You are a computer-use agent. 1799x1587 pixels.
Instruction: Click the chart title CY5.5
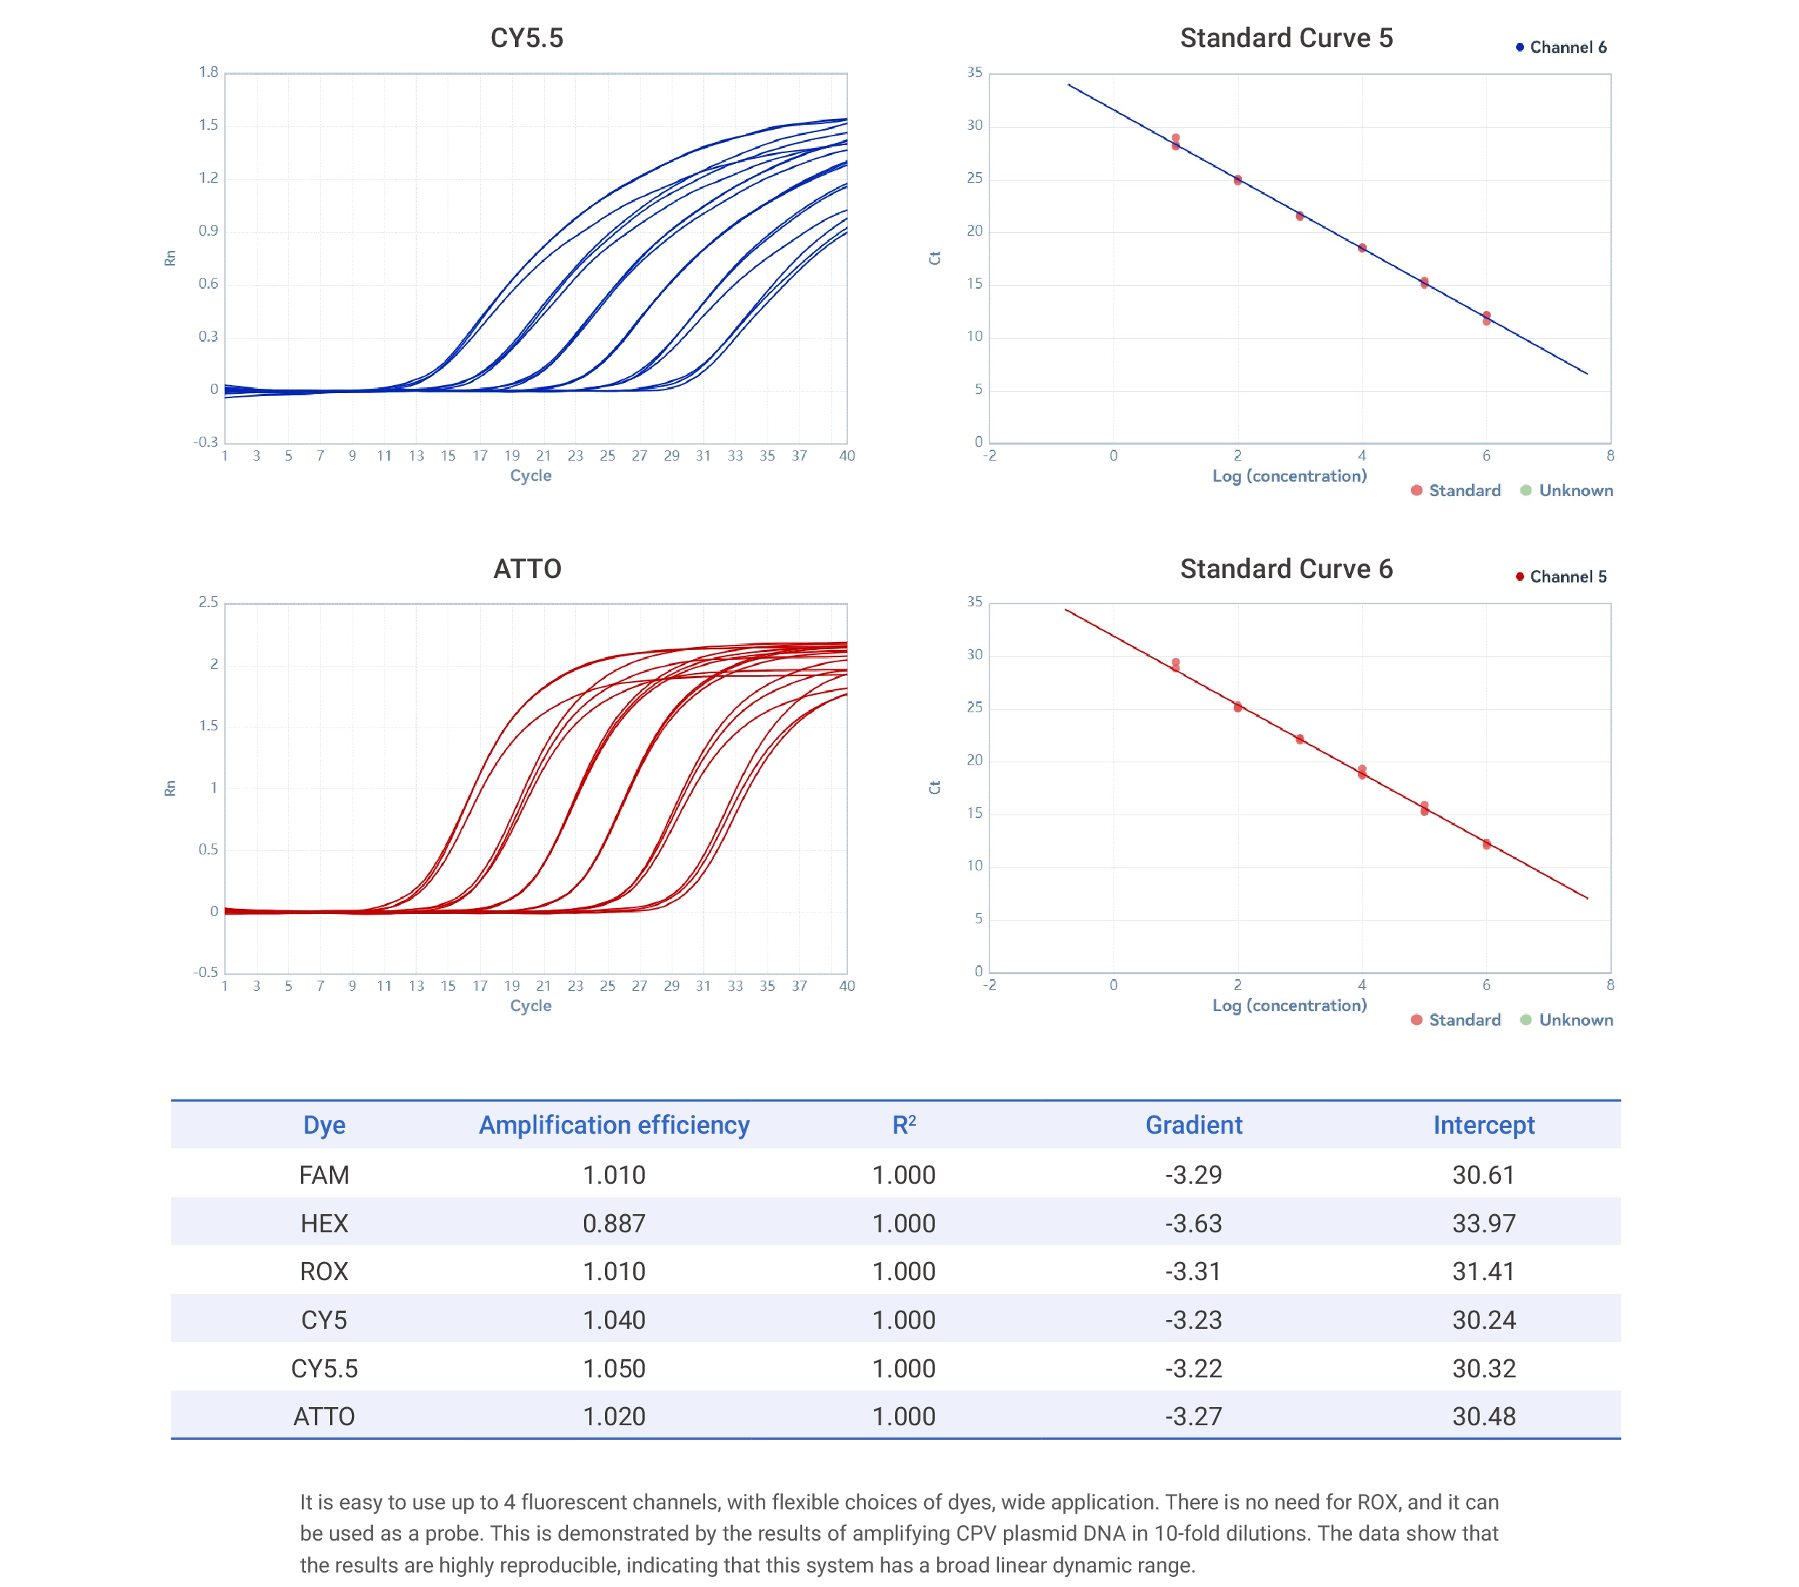527,38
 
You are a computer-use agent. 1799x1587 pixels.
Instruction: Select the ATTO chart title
527,569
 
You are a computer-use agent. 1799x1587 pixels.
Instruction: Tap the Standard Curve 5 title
1286,38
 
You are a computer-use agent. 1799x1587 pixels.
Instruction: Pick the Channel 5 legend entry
1567,577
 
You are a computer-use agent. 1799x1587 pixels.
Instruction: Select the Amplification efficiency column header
614,1125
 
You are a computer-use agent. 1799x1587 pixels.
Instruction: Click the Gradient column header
1193,1125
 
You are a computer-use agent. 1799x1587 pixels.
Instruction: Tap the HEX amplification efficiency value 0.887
614,1224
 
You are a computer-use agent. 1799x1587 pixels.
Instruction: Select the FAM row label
324,1175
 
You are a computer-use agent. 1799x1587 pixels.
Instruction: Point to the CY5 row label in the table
324,1320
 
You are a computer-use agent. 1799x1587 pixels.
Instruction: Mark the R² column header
904,1125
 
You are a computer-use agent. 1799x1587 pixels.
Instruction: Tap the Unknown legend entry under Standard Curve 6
1575,1020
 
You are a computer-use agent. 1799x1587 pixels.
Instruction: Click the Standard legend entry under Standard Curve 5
1464,491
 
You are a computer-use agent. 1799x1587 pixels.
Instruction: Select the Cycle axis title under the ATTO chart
531,1006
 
